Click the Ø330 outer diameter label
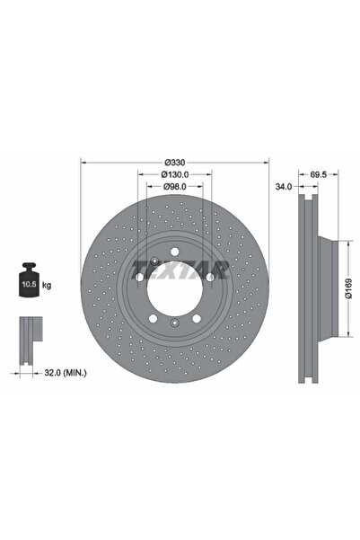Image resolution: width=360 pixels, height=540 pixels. (175, 163)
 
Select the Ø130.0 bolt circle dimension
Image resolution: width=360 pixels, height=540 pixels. (175, 174)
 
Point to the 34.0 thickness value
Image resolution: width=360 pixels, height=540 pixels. (285, 188)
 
